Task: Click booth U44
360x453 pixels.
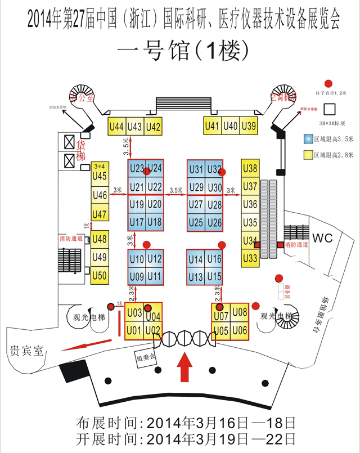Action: pos(116,127)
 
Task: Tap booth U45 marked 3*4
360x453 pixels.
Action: pos(100,173)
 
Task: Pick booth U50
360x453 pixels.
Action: pos(100,275)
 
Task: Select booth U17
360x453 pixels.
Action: pos(137,222)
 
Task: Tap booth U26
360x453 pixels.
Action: pos(214,222)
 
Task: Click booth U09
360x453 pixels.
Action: pos(137,277)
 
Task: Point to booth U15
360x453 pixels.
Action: pos(214,277)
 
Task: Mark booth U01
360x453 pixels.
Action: pos(134,330)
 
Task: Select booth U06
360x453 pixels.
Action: pos(240,330)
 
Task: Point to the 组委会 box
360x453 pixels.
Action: pos(145,357)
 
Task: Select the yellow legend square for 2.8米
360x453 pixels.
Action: pos(308,154)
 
